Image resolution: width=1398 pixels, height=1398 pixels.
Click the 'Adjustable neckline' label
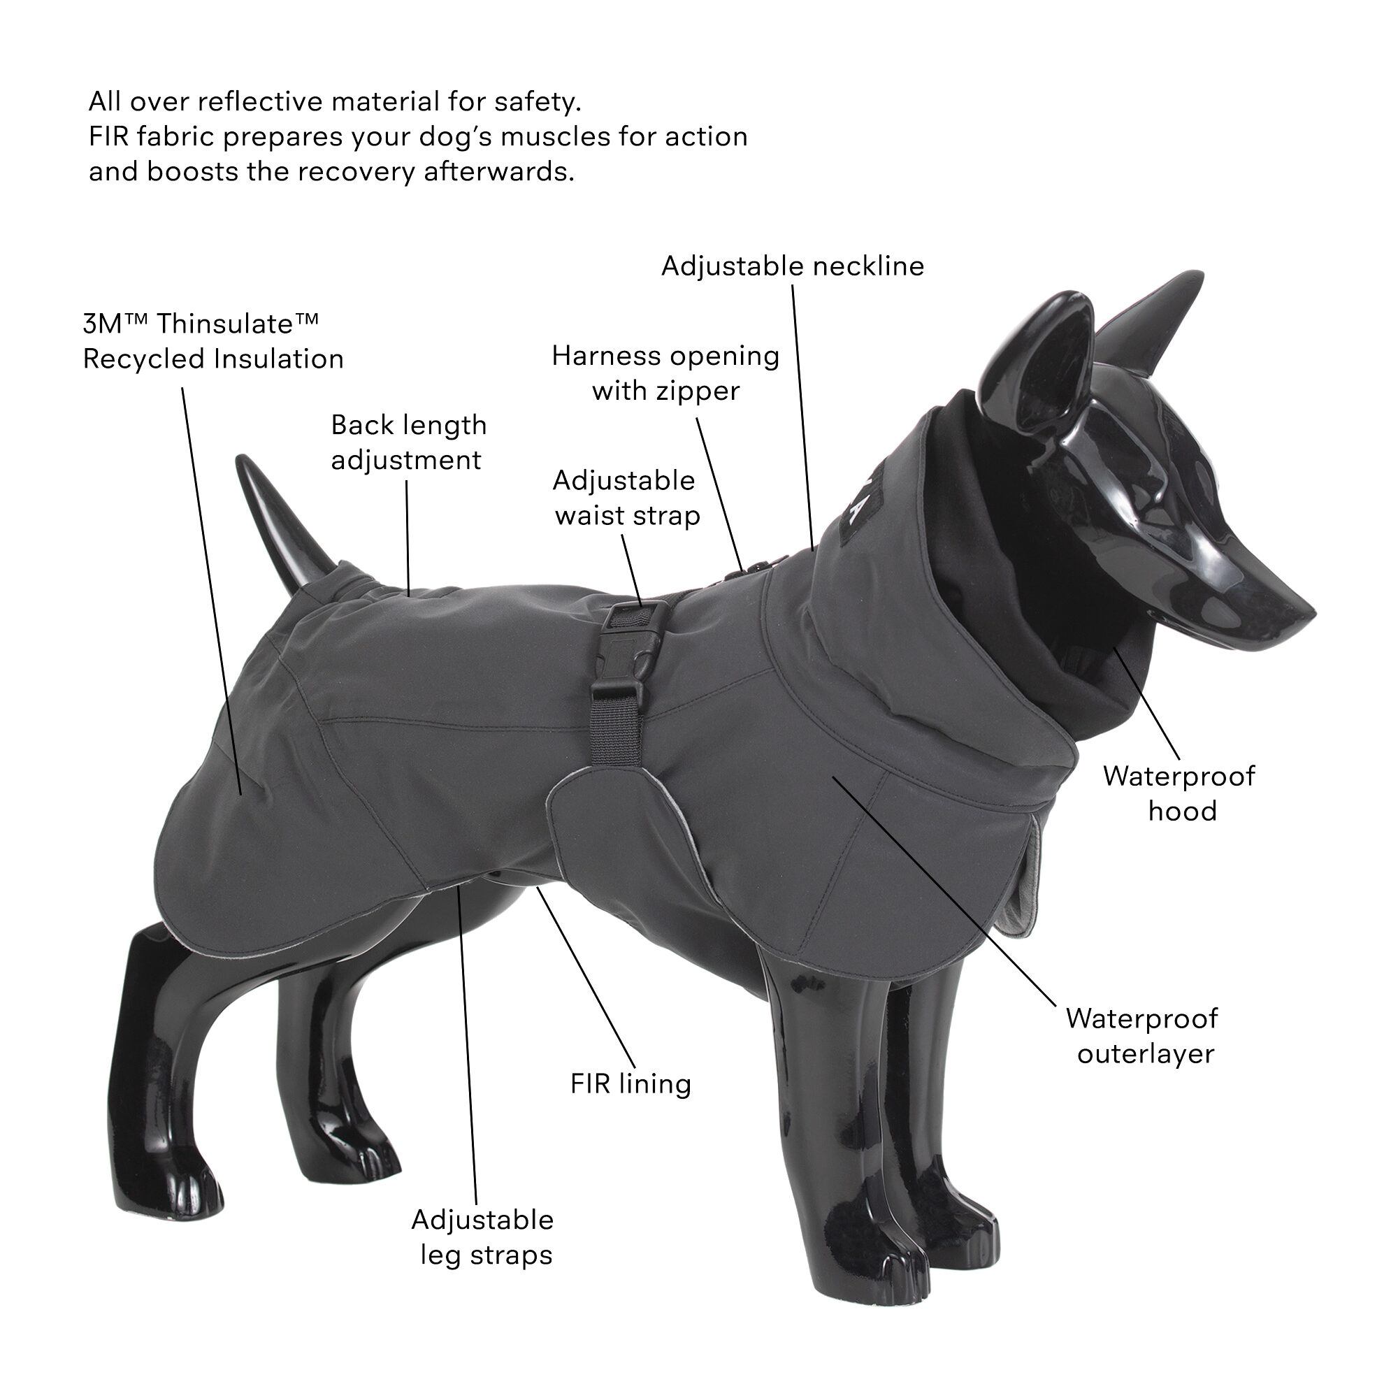[793, 266]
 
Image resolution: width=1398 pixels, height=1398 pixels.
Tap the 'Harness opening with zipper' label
[665, 373]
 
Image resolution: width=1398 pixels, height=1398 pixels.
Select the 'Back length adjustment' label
[409, 443]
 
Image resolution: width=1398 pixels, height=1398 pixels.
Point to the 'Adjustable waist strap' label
[626, 498]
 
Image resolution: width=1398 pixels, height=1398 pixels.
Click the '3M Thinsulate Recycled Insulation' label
[212, 342]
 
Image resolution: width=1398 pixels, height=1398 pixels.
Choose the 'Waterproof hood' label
[1179, 793]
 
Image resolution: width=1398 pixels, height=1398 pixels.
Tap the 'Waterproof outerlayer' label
[1143, 1035]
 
